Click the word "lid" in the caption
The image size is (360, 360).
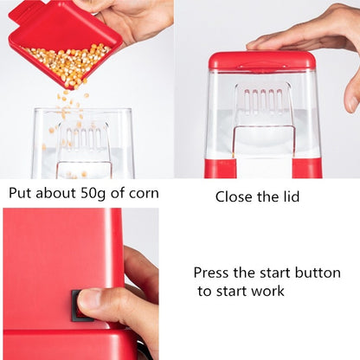pos(290,196)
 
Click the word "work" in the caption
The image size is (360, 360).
pos(267,292)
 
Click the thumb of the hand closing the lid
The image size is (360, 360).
pos(352,95)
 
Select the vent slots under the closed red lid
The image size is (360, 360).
pos(263,101)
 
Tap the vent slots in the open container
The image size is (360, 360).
pos(84,138)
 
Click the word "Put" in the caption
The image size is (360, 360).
pos(21,193)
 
